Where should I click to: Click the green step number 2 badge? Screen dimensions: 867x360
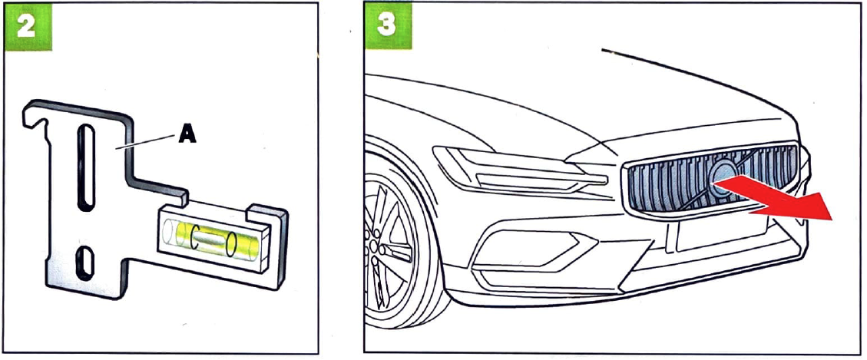point(28,27)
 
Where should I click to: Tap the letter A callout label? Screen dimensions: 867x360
point(187,134)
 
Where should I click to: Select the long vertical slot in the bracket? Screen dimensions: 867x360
point(86,167)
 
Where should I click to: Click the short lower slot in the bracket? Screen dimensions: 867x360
point(84,262)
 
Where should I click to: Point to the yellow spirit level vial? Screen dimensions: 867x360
point(210,239)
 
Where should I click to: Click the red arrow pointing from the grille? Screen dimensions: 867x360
point(774,198)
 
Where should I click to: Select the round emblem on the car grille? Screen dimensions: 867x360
point(723,178)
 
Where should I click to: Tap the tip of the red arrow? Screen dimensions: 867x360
point(832,219)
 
